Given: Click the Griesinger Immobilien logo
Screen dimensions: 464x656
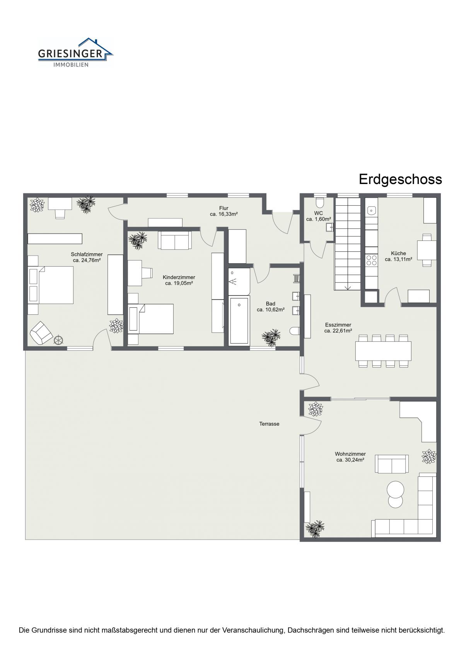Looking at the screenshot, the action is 75,53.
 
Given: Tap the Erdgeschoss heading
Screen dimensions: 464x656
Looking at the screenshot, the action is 400,179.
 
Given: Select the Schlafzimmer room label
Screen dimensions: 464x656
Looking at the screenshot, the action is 87,254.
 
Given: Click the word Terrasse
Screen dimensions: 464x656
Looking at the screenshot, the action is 269,424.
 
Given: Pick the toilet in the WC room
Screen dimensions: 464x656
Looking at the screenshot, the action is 320,202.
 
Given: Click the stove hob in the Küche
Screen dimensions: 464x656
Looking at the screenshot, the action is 372,260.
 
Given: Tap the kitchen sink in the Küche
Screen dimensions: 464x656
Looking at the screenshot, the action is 372,210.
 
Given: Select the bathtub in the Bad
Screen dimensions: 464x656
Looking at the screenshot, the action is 239,320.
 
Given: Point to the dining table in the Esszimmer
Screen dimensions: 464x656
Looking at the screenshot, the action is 383,351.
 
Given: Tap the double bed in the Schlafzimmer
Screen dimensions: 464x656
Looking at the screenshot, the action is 50,285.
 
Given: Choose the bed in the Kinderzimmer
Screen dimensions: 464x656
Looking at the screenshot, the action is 150,319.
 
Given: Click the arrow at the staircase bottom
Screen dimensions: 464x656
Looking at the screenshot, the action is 347,288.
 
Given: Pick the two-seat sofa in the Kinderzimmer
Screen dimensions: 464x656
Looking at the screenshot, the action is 175,240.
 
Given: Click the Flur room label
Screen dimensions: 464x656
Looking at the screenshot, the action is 224,208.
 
